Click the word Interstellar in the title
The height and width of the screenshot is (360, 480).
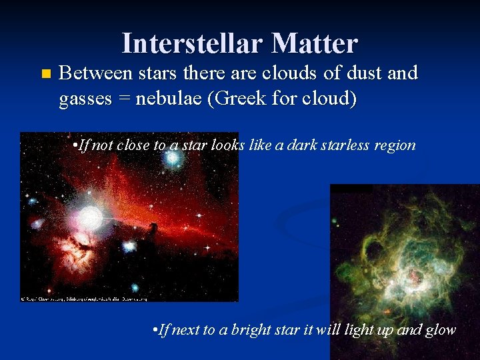tap(193, 44)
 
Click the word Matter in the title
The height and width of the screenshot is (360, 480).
tap(315, 44)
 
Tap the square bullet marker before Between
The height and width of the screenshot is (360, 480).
tap(45, 73)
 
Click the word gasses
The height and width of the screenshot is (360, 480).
tap(87, 99)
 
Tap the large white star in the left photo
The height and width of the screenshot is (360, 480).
tap(90, 217)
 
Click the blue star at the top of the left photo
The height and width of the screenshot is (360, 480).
tap(173, 159)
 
